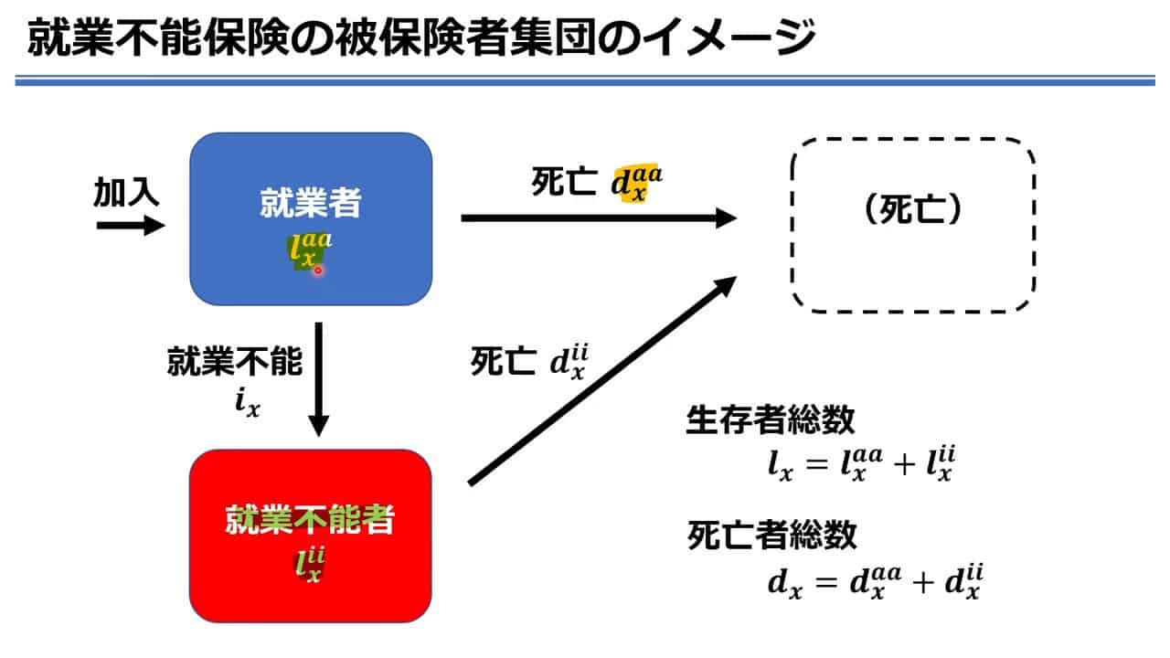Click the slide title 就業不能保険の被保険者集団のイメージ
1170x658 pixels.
421,37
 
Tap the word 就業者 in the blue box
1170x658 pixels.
311,202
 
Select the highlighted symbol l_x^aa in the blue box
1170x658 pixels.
310,250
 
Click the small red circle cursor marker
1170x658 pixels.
317,271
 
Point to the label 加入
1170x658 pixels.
126,192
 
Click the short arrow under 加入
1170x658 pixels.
131,226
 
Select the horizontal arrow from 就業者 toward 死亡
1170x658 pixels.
599,218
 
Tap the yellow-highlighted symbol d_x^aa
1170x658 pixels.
637,184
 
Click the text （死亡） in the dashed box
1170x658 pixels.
913,209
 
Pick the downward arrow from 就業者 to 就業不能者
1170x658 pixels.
319,379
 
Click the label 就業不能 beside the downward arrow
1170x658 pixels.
235,361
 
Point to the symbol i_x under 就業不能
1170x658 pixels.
247,403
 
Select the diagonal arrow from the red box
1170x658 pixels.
602,381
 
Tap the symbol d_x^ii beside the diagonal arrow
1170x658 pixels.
569,361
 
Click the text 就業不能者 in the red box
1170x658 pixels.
310,520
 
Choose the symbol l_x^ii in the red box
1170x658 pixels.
310,564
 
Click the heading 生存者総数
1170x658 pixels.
771,419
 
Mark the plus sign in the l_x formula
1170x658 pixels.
905,464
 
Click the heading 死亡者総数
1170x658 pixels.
772,535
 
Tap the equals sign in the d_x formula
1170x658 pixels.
826,582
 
